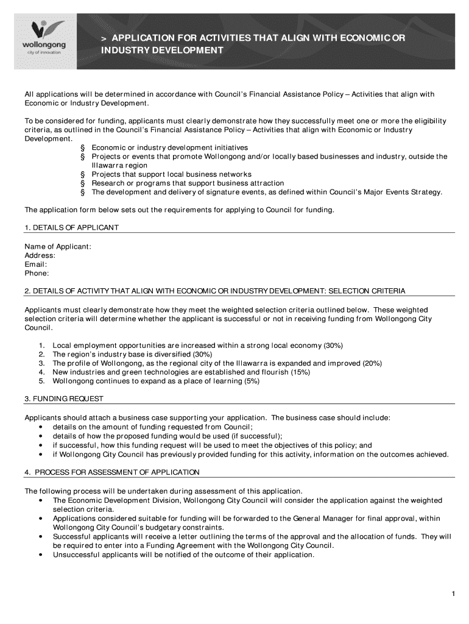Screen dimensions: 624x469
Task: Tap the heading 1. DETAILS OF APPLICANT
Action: point(71,227)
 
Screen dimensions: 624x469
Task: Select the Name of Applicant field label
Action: point(58,246)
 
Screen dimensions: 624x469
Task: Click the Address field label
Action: point(40,255)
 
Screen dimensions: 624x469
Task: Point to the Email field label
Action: point(36,264)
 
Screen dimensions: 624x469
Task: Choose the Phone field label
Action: point(37,274)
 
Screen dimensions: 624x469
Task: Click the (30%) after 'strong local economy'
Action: point(333,346)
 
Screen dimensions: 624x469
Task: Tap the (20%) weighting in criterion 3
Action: point(372,363)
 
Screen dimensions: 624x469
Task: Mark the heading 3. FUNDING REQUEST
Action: point(63,399)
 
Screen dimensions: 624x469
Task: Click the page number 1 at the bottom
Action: point(454,594)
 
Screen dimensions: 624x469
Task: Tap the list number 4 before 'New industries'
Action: point(41,372)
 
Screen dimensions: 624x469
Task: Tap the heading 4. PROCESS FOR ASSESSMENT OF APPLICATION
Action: point(111,472)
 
